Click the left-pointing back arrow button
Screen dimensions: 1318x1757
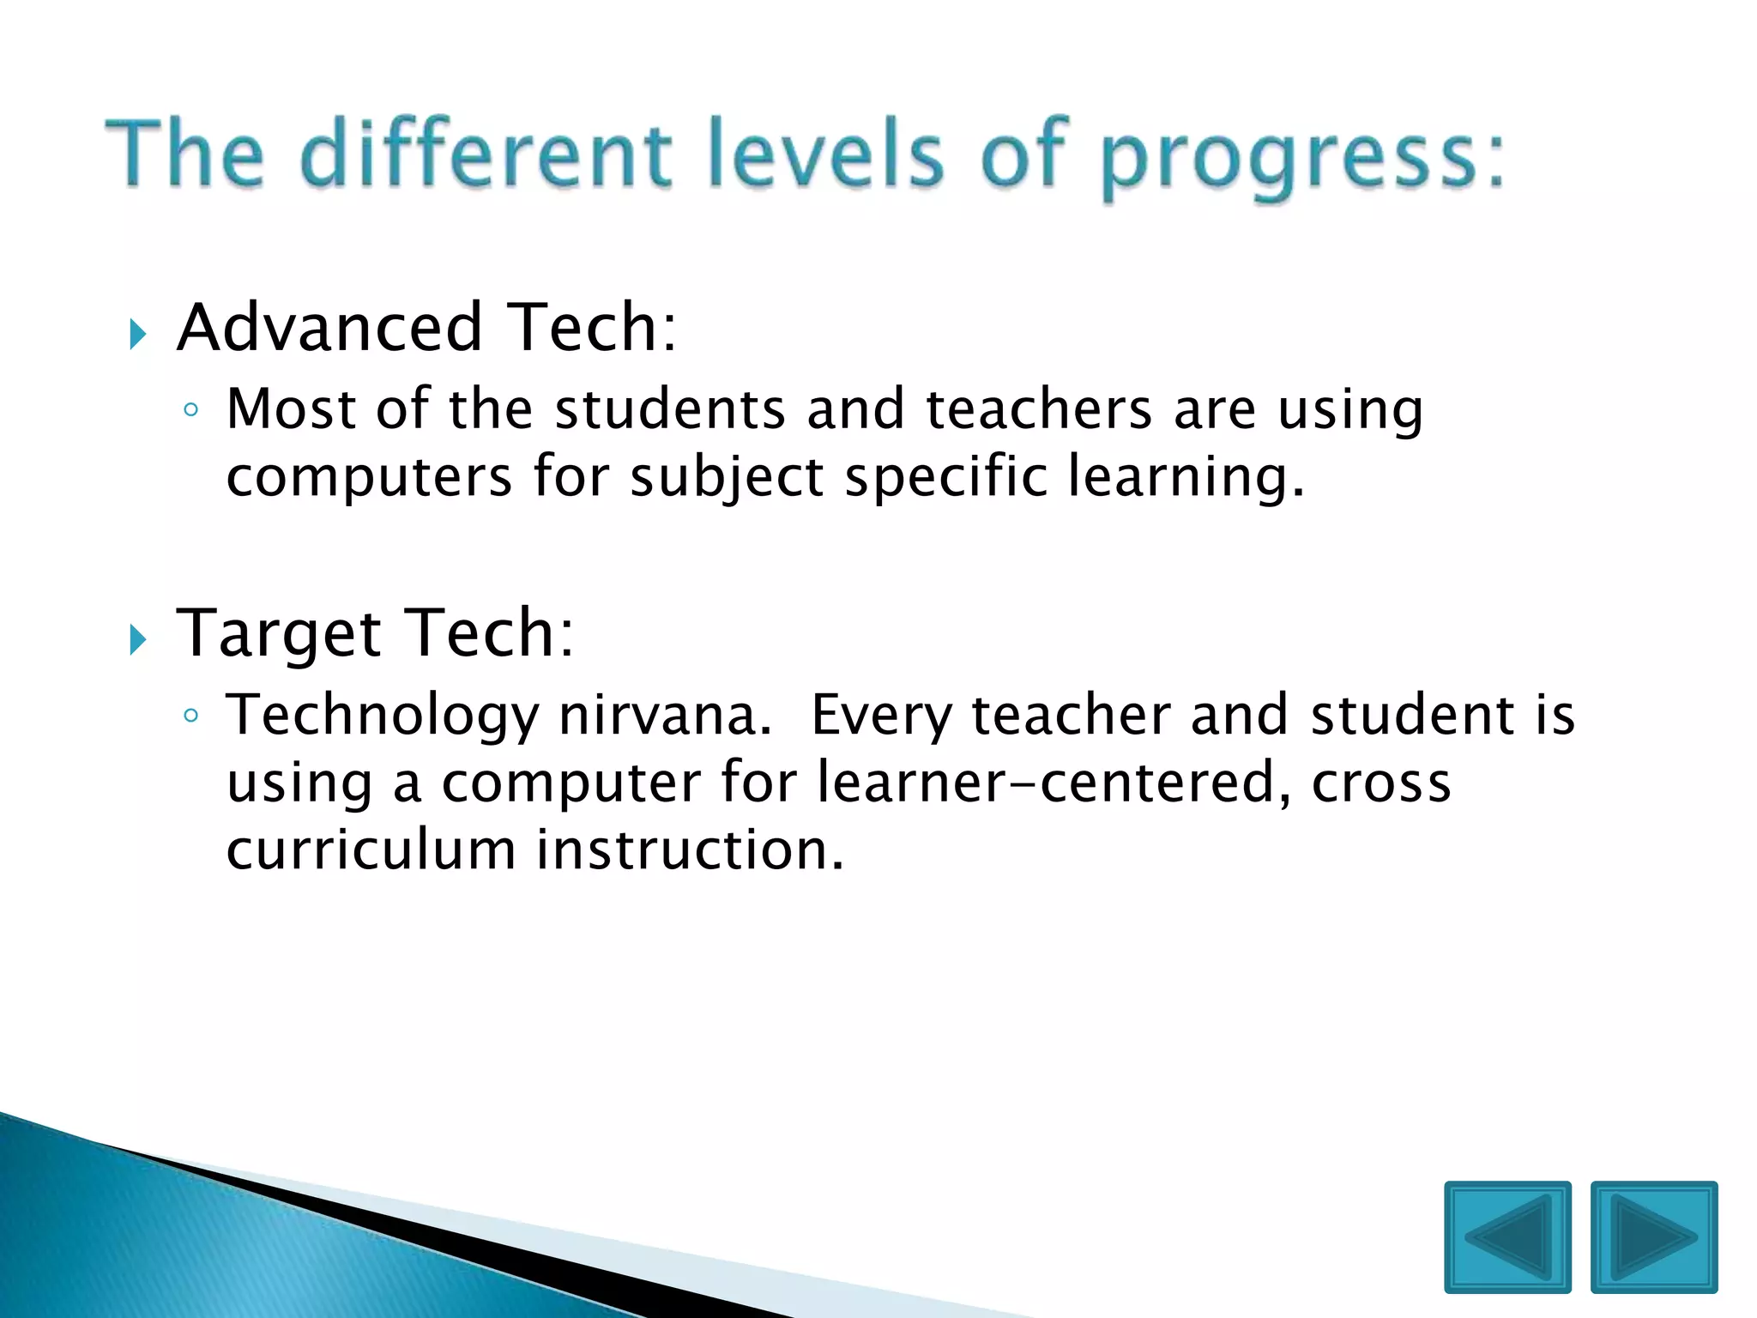coord(1507,1236)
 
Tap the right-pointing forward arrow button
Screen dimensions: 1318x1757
coord(1653,1236)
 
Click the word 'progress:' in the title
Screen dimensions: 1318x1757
coord(1301,159)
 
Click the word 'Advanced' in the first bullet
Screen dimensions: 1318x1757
coord(329,328)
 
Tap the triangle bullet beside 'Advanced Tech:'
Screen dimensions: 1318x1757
coord(137,334)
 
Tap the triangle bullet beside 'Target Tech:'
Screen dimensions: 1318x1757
coord(137,639)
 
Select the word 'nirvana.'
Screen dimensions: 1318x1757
coord(665,715)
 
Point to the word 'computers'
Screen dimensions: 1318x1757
coord(369,478)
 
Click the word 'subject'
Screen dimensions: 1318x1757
coord(727,478)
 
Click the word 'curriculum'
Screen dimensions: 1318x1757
coord(371,849)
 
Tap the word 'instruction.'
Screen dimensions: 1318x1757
coord(691,849)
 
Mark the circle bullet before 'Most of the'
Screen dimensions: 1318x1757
coord(191,410)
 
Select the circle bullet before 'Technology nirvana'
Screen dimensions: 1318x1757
coord(191,716)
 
